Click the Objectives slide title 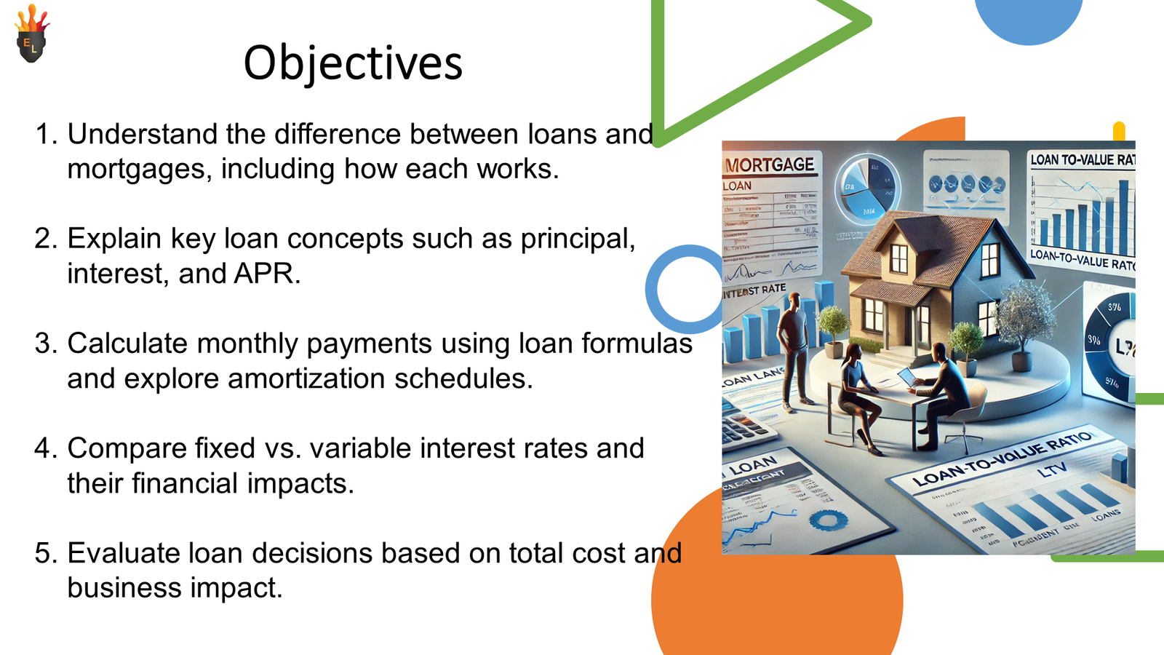353,63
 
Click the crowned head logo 31,36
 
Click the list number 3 45,344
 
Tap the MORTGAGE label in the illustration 770,165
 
